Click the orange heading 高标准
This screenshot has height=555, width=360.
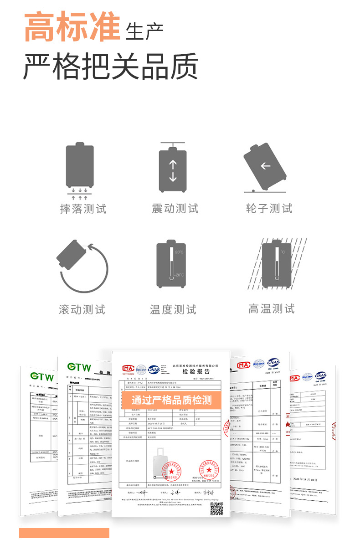(x=72, y=27)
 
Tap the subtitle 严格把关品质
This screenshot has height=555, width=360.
(x=110, y=67)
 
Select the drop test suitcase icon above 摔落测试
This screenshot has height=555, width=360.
(x=80, y=167)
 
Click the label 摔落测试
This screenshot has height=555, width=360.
(x=83, y=209)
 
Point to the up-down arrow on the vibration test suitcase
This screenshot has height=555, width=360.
(x=173, y=171)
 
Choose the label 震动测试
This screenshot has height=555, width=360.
(x=175, y=209)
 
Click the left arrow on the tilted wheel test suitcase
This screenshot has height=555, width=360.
(x=265, y=166)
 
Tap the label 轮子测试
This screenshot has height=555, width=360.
(x=269, y=209)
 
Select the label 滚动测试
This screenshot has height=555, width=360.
(x=82, y=310)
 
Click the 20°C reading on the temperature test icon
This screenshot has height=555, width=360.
(x=179, y=252)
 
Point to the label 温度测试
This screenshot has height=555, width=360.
(x=173, y=310)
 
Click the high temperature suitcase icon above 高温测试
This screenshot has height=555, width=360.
(x=276, y=264)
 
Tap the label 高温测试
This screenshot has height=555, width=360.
(x=272, y=309)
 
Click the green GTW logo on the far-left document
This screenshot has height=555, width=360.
(x=42, y=377)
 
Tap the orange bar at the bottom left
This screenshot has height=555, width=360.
(x=64, y=533)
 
